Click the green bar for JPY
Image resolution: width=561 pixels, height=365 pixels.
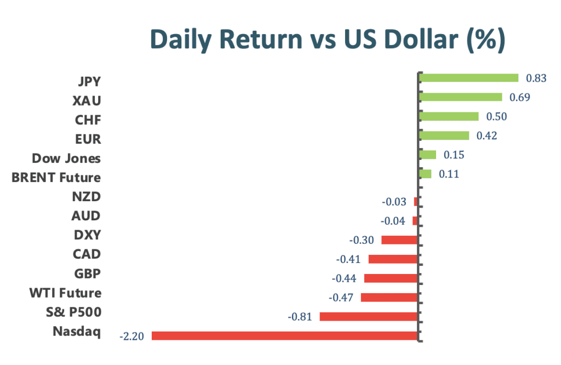pos(469,78)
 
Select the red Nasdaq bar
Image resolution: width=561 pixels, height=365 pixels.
pos(285,335)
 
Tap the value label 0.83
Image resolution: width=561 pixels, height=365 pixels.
pos(536,78)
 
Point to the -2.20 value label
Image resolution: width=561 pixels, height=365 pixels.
pos(131,337)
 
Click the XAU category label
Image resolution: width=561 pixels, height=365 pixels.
pos(87,101)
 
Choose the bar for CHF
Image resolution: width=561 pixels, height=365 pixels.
pos(449,116)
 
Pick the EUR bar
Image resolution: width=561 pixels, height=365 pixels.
pos(444,135)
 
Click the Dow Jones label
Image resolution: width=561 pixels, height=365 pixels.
pos(66,158)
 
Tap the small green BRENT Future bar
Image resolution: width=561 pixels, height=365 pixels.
pos(425,174)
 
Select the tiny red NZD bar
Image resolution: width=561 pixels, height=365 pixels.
pos(416,202)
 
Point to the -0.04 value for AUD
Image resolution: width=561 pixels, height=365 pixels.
pos(393,221)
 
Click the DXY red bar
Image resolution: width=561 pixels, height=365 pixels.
pos(399,239)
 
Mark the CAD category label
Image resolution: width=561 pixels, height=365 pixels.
pos(87,254)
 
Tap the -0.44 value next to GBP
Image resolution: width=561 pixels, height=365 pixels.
pos(344,278)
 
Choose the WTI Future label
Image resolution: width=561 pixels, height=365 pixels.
pos(66,293)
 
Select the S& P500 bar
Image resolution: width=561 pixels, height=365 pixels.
pos(369,316)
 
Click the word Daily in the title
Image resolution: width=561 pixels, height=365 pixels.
pos(181,40)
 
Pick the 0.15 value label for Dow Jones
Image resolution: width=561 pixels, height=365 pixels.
pos(454,155)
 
